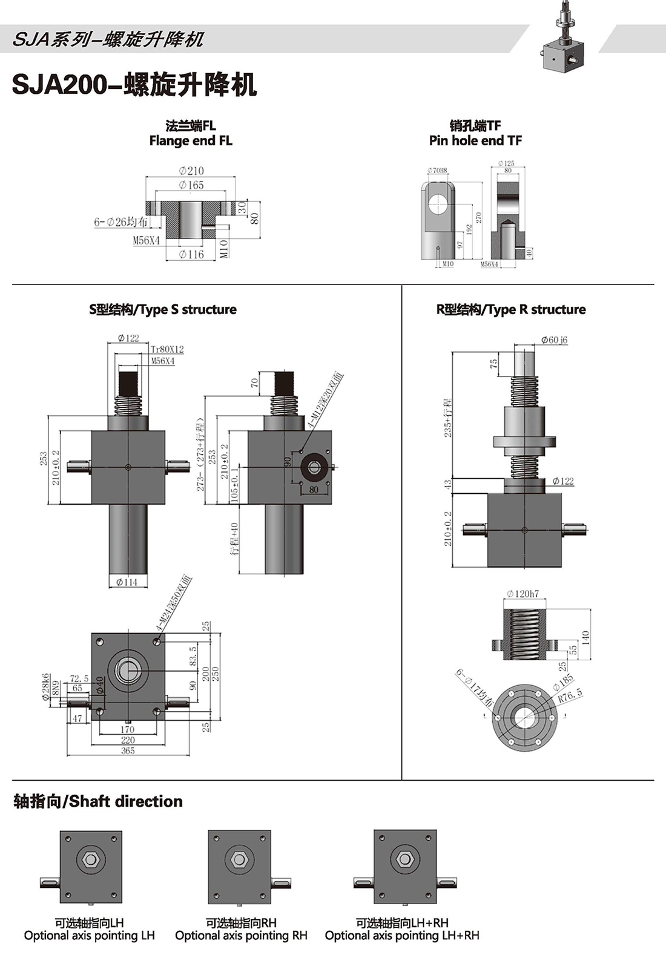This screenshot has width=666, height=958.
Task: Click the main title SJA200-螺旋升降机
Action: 134,85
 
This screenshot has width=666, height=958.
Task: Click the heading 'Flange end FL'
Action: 191,140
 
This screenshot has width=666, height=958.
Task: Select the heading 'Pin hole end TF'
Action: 475,140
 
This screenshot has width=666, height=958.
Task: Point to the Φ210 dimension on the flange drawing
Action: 191,171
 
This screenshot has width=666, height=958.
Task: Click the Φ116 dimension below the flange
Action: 191,255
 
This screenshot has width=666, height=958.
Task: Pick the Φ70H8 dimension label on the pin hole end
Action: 437,171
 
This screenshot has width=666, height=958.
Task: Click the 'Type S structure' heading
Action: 163,309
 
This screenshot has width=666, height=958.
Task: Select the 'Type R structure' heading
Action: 511,309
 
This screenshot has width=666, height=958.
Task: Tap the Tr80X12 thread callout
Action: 167,349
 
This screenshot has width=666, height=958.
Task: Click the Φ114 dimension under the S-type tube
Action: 127,582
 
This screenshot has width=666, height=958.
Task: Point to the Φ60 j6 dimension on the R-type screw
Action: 554,340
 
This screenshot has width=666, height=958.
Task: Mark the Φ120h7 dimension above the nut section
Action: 523,594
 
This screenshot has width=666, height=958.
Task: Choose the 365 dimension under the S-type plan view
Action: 128,750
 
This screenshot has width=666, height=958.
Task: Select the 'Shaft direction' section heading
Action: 98,801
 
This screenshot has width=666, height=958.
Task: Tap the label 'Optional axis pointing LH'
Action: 90,936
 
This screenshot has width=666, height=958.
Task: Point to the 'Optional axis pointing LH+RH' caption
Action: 402,936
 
